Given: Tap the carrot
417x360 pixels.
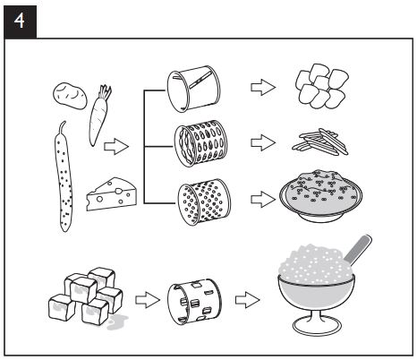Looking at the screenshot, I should tap(98, 116).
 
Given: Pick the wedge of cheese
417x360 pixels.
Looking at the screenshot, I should tap(110, 193).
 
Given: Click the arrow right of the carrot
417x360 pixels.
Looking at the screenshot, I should tap(117, 143).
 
